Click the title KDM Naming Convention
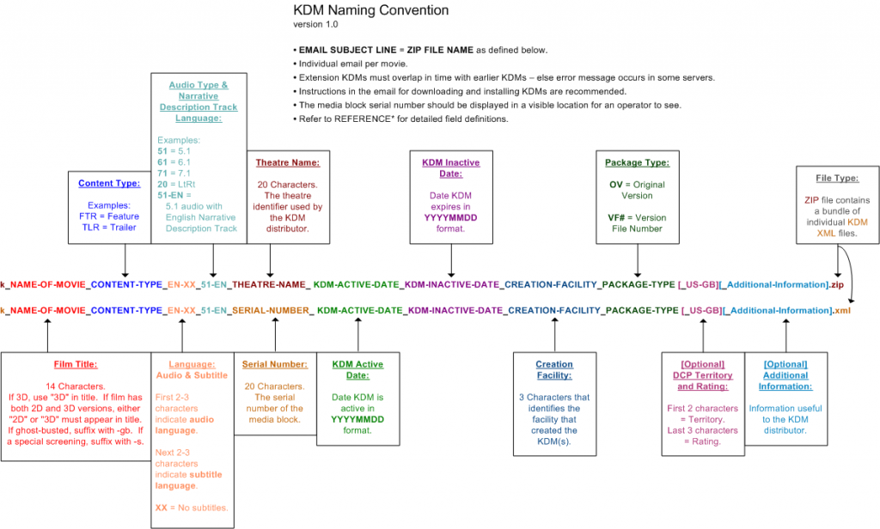pos(370,10)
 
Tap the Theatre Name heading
pos(288,162)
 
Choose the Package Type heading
pos(637,162)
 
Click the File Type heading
pos(837,179)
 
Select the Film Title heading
pos(76,363)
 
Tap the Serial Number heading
pos(275,364)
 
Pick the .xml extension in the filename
pos(845,310)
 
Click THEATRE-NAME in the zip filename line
pos(271,283)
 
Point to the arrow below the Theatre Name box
pos(271,257)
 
